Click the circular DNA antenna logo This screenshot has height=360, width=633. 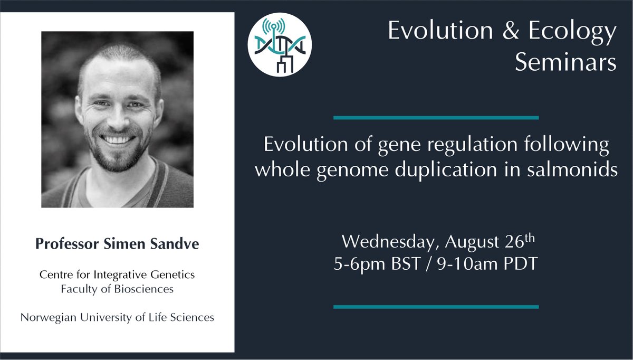(280, 43)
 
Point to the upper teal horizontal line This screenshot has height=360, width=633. (436, 117)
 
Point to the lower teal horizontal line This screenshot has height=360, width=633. (436, 306)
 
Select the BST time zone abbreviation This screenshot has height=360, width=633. (401, 263)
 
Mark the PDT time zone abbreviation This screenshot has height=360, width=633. (517, 263)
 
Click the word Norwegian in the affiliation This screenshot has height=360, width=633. (46, 318)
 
